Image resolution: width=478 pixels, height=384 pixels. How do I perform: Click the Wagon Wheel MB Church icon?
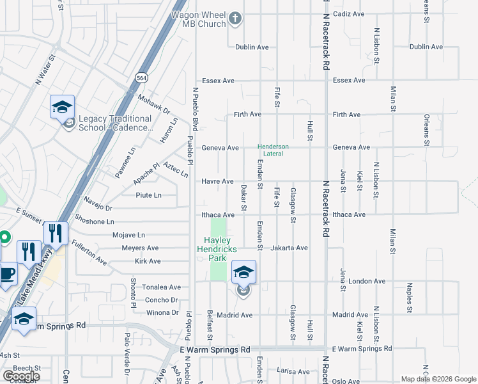click(x=235, y=18)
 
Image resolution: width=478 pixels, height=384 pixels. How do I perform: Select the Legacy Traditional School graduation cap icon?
click(x=62, y=107)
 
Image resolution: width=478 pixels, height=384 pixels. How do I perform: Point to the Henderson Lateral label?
click(x=274, y=150)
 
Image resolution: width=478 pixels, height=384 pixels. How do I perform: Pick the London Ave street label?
click(x=367, y=281)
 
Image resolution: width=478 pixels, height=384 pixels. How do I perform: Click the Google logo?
click(x=22, y=376)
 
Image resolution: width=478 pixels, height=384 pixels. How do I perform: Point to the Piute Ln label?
click(x=148, y=195)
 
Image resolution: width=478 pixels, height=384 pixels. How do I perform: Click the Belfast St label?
click(x=209, y=327)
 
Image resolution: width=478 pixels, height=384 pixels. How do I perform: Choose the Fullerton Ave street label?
click(x=89, y=252)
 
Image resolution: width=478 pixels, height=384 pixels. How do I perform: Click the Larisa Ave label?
click(x=294, y=371)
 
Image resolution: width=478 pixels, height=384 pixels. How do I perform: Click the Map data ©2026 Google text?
click(x=438, y=379)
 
